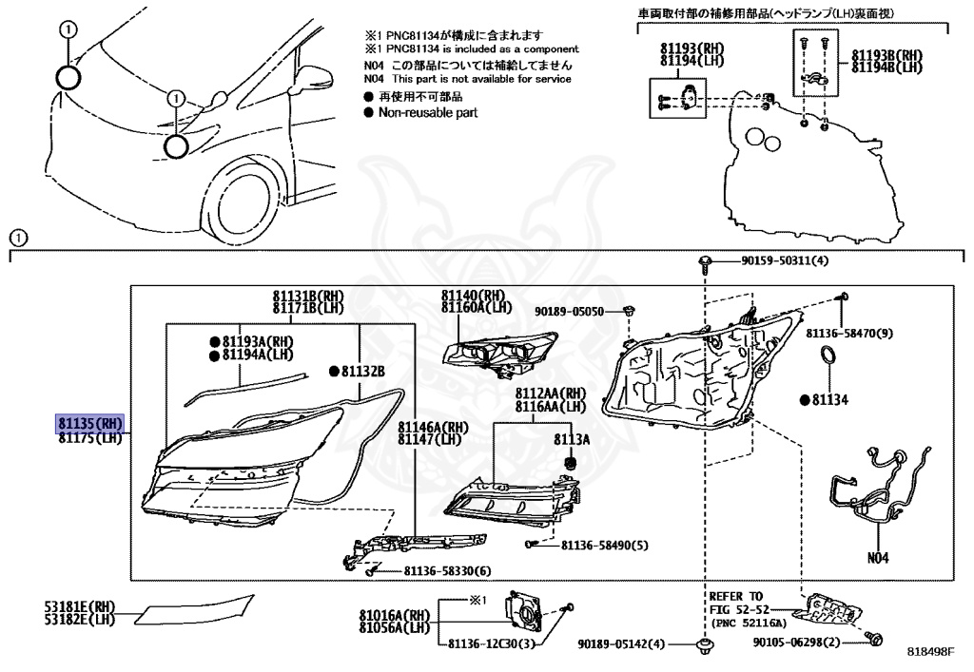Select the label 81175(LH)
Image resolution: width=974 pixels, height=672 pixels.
90,438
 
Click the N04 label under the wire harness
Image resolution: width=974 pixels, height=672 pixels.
877,558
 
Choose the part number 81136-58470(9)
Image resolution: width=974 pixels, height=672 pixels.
850,334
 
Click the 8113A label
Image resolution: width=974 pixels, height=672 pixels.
572,440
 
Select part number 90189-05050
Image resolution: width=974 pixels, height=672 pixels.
569,311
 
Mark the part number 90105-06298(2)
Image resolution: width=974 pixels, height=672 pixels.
798,643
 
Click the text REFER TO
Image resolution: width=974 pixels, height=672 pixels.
736,596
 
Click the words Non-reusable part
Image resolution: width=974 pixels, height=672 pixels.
428,112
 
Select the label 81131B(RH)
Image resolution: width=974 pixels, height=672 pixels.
307,296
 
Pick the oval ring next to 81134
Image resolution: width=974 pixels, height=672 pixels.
828,358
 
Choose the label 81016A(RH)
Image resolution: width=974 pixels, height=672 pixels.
394,616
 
